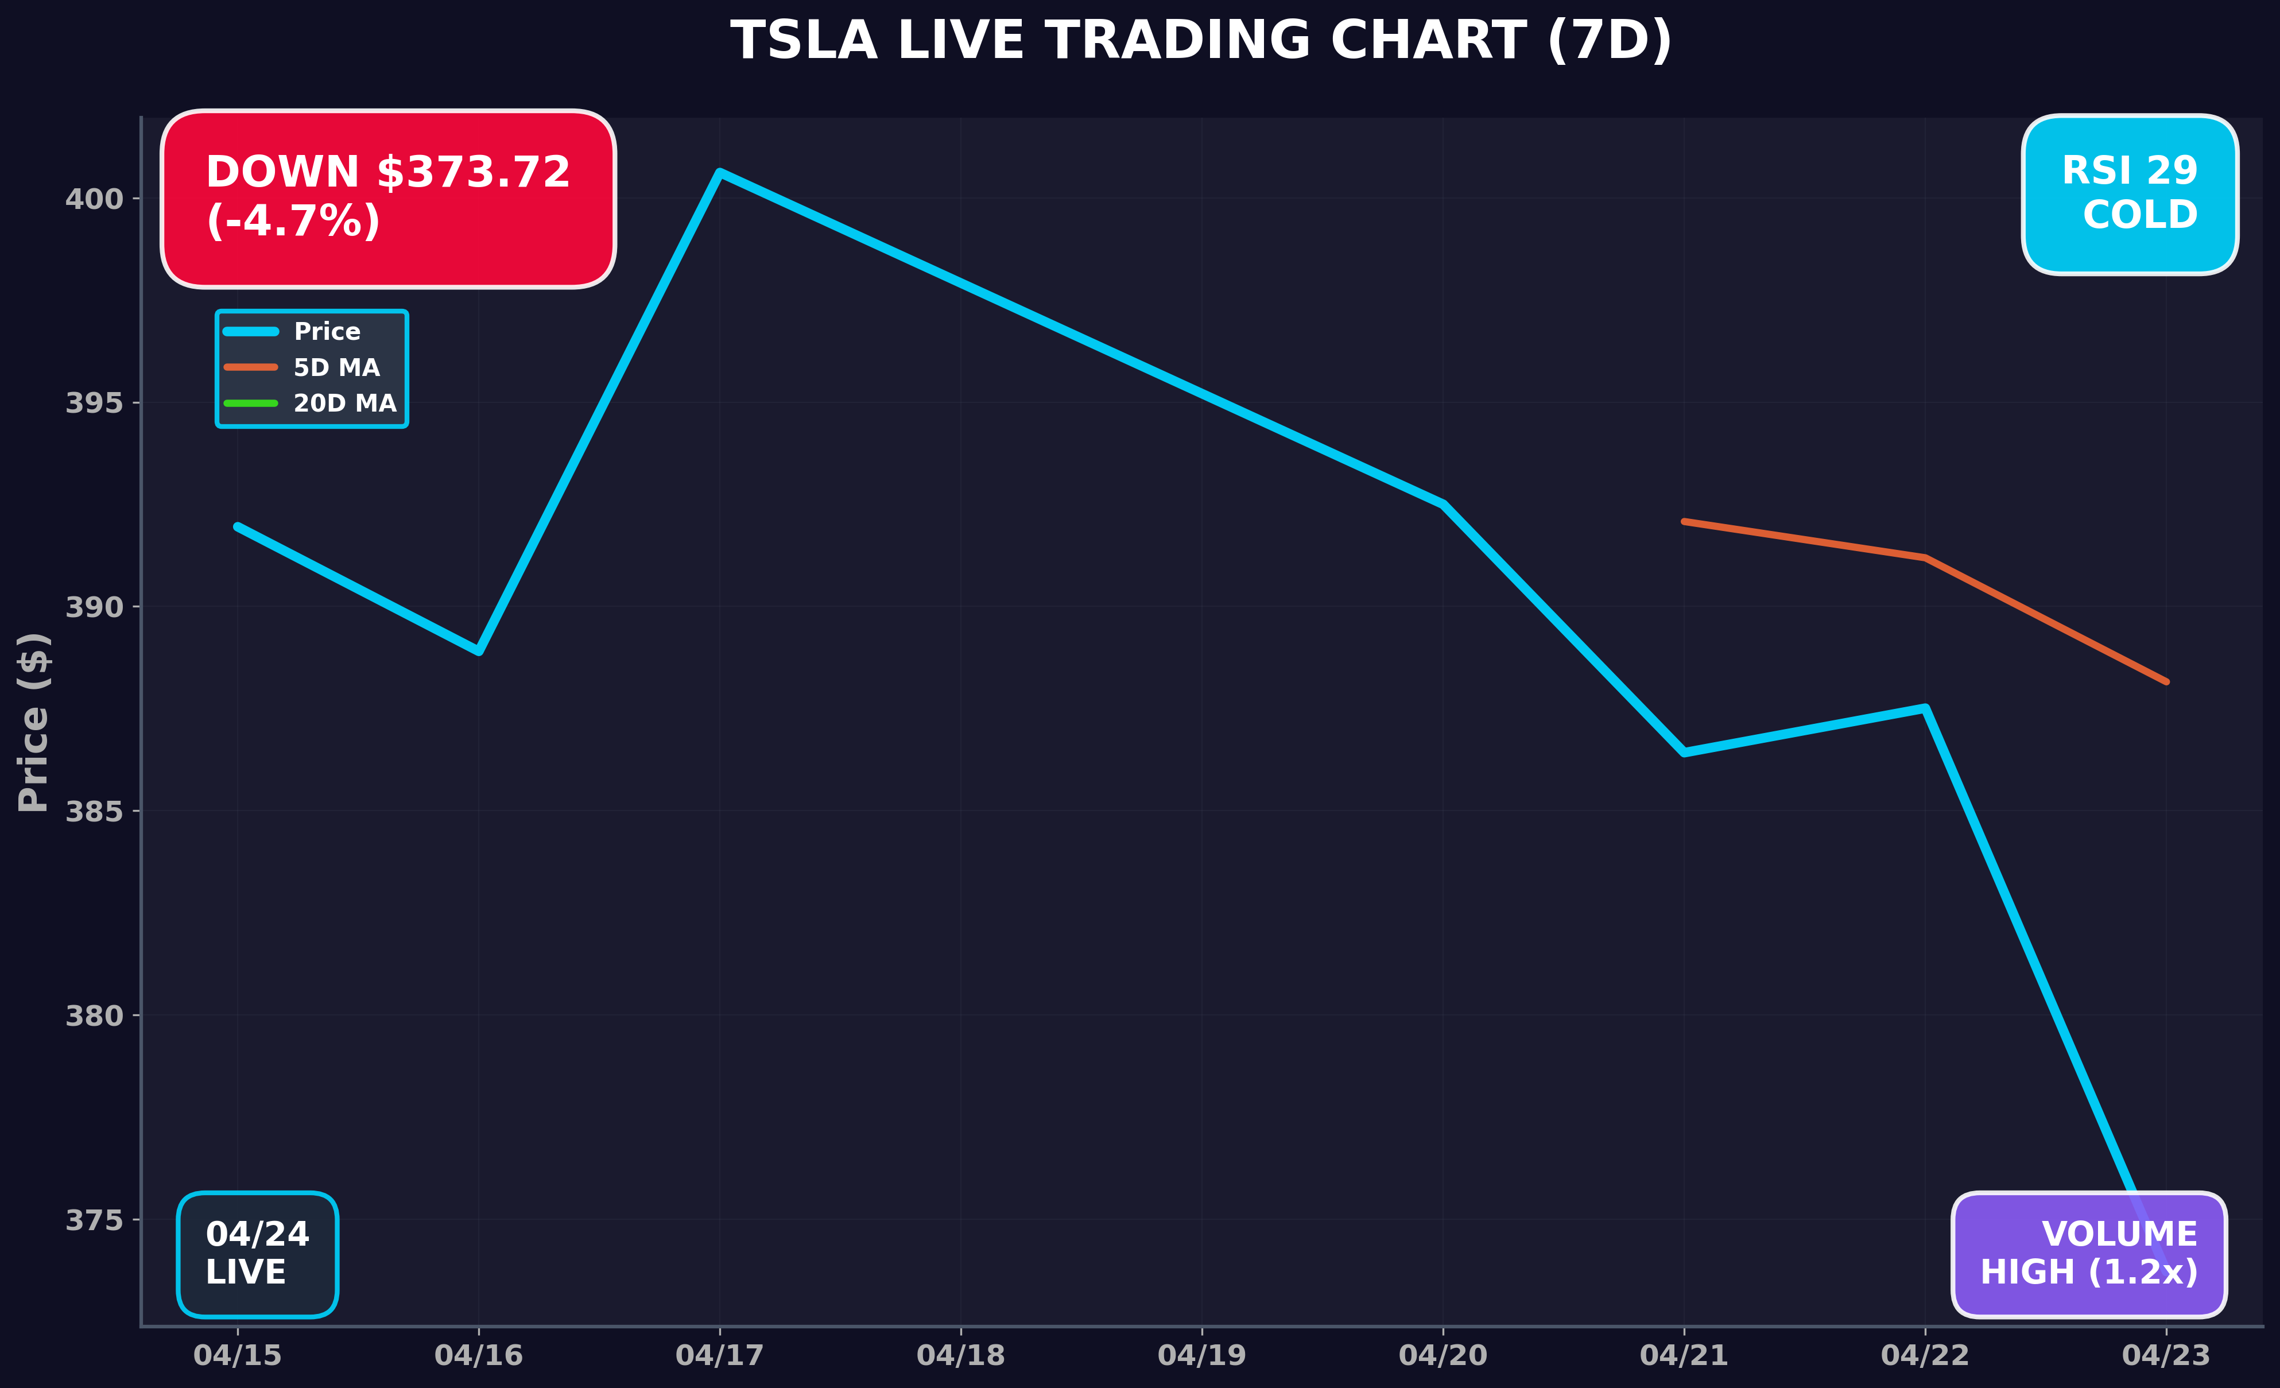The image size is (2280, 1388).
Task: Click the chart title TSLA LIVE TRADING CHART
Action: pyautogui.click(x=1201, y=42)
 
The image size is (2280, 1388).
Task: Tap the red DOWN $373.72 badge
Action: pyautogui.click(x=387, y=198)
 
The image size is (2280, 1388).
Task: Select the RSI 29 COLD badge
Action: pyautogui.click(x=2129, y=195)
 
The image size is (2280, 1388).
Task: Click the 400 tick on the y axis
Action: pyautogui.click(x=94, y=199)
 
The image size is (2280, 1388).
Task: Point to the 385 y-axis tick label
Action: pyautogui.click(x=94, y=812)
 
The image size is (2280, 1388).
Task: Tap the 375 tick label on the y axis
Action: pyautogui.click(x=94, y=1220)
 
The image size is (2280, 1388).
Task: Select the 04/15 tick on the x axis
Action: pyautogui.click(x=237, y=1356)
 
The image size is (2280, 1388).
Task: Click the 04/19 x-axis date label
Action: pyautogui.click(x=1201, y=1356)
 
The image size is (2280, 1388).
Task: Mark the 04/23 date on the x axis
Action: pyautogui.click(x=2165, y=1356)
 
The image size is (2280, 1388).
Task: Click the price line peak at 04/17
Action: pyautogui.click(x=720, y=172)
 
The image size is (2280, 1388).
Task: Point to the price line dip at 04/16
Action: pyautogui.click(x=478, y=652)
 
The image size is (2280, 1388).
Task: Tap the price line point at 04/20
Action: pyautogui.click(x=1443, y=505)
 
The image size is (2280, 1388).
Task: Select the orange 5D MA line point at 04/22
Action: pyautogui.click(x=1925, y=558)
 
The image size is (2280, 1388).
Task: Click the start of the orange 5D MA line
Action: pyautogui.click(x=1684, y=522)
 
